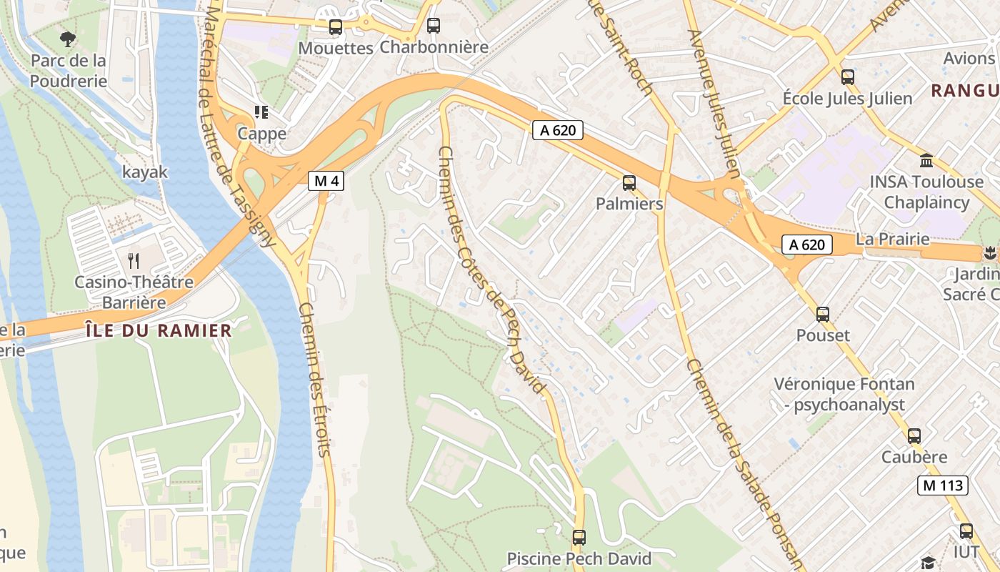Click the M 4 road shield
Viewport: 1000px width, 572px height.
click(326, 181)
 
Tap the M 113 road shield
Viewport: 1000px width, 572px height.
click(942, 485)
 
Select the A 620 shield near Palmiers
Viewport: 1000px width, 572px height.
click(558, 130)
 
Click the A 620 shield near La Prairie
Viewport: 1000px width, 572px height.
click(808, 245)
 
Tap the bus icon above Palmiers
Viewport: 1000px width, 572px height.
click(629, 183)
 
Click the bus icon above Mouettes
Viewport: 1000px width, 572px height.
click(336, 27)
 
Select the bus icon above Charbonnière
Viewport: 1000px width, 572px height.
click(434, 26)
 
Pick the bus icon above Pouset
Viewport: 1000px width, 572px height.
click(823, 314)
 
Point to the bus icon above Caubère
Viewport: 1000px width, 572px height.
click(914, 435)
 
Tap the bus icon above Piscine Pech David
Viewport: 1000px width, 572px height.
click(579, 537)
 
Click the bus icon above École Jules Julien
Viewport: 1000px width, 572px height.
click(848, 77)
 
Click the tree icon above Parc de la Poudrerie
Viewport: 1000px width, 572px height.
click(68, 39)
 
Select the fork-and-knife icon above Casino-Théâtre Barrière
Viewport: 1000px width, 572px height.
click(134, 260)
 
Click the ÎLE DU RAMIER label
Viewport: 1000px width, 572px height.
click(158, 330)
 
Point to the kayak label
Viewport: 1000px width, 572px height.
click(145, 172)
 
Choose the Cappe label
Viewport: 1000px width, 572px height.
click(261, 134)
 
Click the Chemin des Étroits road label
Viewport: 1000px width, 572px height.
click(316, 379)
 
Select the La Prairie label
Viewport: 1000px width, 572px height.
click(892, 239)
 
